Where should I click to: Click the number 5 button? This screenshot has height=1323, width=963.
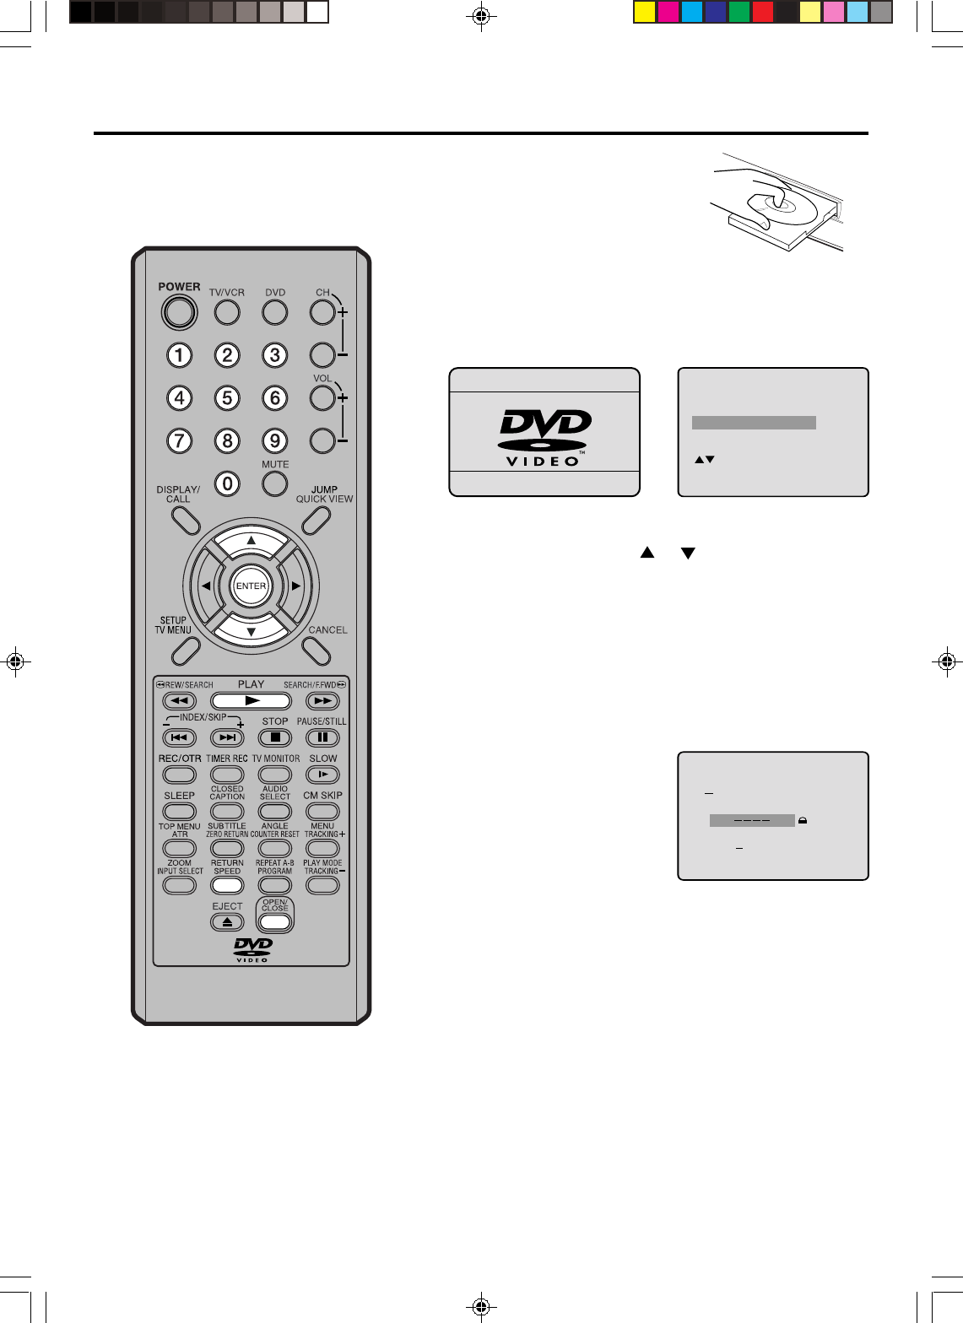point(227,397)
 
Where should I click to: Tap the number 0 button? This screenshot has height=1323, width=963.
point(227,483)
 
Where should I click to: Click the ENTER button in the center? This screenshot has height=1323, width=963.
point(251,586)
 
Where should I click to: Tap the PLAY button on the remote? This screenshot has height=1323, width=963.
point(251,700)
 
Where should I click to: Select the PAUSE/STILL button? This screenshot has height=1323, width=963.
point(322,737)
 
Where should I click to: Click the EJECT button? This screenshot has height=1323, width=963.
point(227,922)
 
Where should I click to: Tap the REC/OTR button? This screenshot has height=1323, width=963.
point(179,775)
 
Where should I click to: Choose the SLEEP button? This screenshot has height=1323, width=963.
point(179,812)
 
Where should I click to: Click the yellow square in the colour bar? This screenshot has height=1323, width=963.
point(645,13)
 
